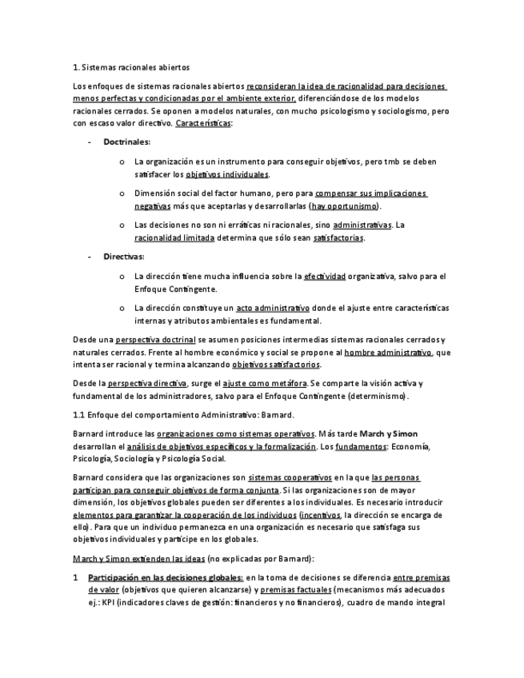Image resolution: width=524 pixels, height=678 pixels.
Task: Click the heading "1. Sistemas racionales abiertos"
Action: (131, 67)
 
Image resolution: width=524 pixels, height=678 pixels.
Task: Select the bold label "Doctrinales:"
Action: (126, 142)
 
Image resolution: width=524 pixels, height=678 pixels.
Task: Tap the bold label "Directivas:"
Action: (124, 257)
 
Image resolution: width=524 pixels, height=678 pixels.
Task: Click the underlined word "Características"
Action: (203, 123)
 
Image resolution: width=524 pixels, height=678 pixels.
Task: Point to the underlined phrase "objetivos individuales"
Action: (227, 174)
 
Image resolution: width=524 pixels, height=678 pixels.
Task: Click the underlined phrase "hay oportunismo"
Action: (346, 205)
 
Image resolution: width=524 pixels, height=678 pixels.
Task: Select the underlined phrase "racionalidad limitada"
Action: (174, 237)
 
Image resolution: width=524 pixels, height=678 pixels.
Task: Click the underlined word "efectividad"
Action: (325, 276)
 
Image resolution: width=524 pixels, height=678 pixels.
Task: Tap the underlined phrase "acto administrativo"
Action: (272, 308)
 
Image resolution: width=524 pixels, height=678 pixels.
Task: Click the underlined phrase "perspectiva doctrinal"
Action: (156, 339)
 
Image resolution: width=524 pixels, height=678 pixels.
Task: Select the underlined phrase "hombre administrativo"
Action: (388, 352)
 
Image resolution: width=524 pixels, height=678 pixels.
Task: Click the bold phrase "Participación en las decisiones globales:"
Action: (166, 577)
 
